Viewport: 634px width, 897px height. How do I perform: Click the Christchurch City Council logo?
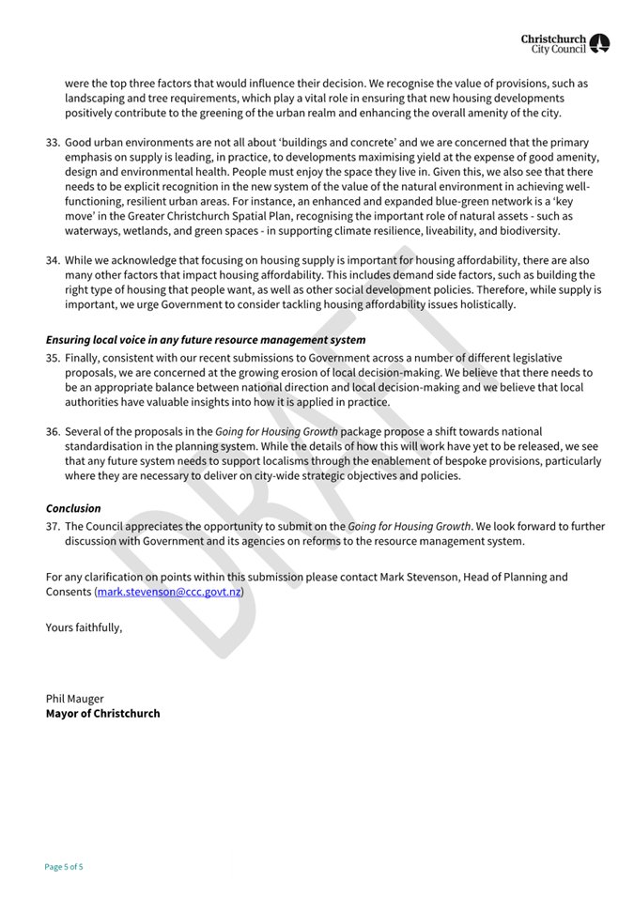coord(565,43)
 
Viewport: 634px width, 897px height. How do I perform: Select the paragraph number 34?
coord(53,260)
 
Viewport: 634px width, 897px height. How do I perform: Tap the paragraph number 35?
coord(53,358)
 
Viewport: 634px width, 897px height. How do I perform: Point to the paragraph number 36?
coord(53,431)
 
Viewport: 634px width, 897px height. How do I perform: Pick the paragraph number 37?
coord(53,527)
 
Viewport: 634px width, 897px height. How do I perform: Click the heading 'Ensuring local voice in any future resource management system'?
coord(206,339)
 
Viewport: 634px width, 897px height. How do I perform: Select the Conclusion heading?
coord(73,508)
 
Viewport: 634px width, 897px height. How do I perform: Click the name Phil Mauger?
coord(75,699)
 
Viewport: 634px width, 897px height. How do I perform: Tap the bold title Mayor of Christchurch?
coord(103,714)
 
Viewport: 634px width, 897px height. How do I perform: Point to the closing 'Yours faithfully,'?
coord(85,626)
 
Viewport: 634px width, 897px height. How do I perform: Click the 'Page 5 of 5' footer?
coord(64,866)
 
